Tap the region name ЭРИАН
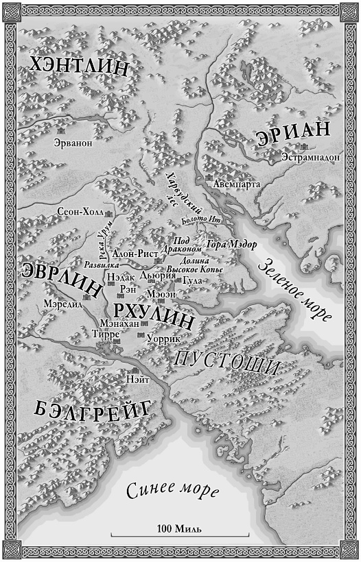[294, 134]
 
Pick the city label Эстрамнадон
[310, 157]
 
